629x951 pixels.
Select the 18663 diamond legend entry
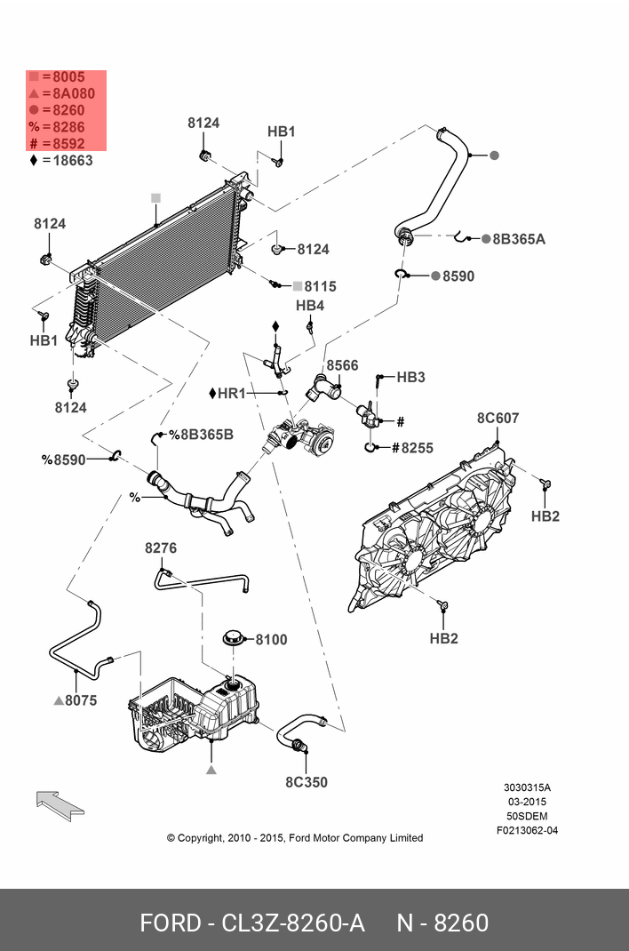click(61, 160)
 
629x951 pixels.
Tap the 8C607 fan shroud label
click(498, 418)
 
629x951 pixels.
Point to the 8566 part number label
click(342, 365)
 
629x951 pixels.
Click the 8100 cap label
click(271, 639)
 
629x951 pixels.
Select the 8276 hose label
click(161, 548)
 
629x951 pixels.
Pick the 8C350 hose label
click(306, 782)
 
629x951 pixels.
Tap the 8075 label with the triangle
click(76, 700)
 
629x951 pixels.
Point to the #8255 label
click(412, 448)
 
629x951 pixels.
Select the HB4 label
click(310, 306)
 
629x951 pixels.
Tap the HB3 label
click(410, 377)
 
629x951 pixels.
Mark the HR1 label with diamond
click(230, 393)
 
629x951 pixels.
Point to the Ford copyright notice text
click(294, 837)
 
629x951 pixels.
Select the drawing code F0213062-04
click(527, 831)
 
